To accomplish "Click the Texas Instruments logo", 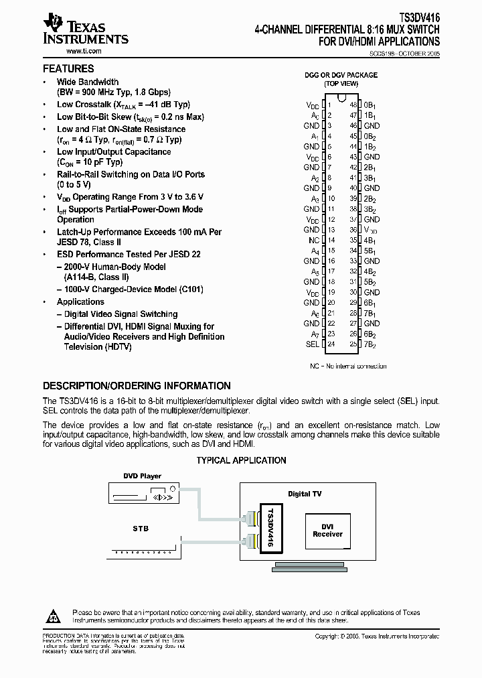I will pos(84,30).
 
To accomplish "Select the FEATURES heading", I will pos(68,69).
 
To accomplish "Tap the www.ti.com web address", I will pos(83,51).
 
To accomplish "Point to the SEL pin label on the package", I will pos(312,344).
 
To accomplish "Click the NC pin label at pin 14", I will pos(313,240).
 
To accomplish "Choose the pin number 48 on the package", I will pos(353,105).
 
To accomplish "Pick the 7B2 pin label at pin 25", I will pos(370,344).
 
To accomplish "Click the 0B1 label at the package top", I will pos(370,105).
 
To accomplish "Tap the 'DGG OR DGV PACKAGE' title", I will pos(341,75).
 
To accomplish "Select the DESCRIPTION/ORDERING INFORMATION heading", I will pos(137,386).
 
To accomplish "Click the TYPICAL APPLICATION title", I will pos(241,460).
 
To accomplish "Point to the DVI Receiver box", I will pos(327,531).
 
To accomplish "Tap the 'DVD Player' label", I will pos(142,476).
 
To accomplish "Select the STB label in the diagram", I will pos(141,529).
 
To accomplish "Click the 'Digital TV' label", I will pos(305,494).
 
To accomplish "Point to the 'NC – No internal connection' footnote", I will pos(348,366).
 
